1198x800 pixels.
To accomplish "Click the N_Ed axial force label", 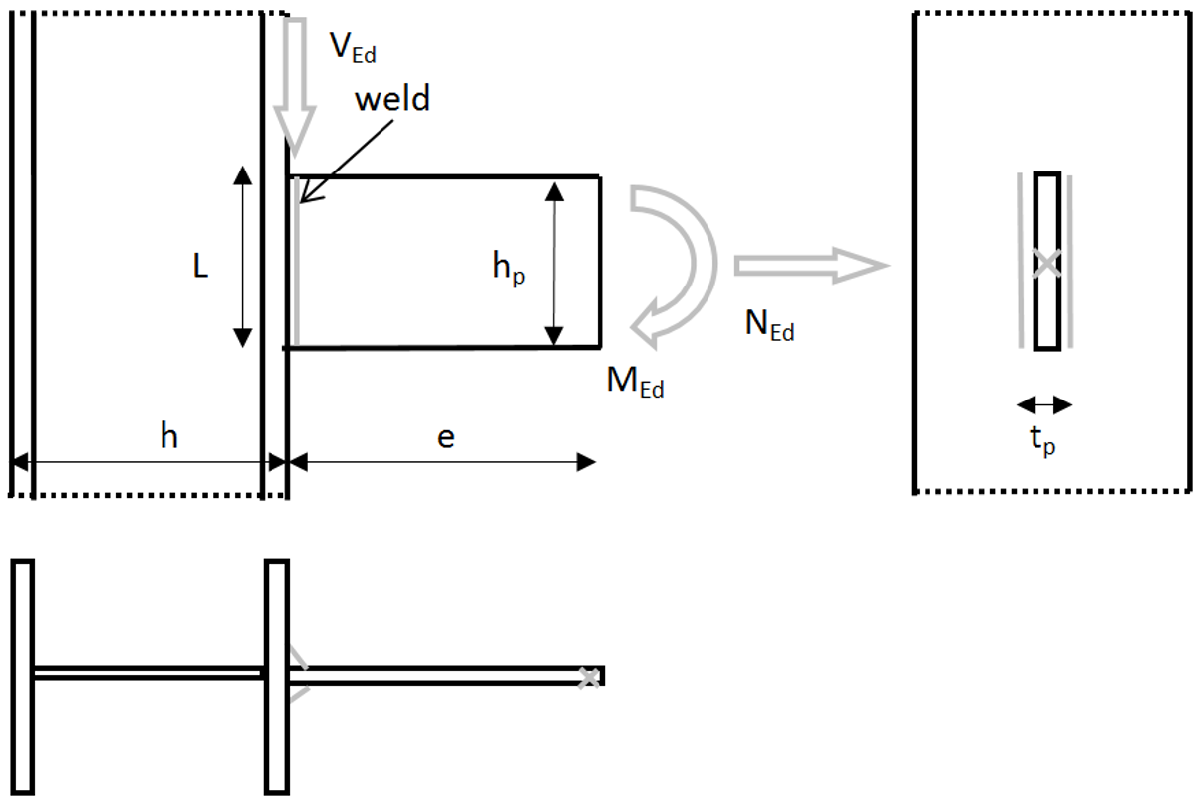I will [769, 325].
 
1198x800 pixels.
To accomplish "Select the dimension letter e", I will [446, 437].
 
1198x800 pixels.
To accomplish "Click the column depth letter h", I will [169, 436].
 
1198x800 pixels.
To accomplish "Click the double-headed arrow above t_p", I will [1044, 404].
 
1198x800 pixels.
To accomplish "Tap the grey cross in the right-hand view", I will [1046, 263].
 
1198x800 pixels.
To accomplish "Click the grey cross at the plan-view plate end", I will [589, 677].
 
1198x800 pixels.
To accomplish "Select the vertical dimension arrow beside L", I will [241, 257].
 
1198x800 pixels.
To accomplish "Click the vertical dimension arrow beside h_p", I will [555, 262].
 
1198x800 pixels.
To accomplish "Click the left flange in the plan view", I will [23, 677].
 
